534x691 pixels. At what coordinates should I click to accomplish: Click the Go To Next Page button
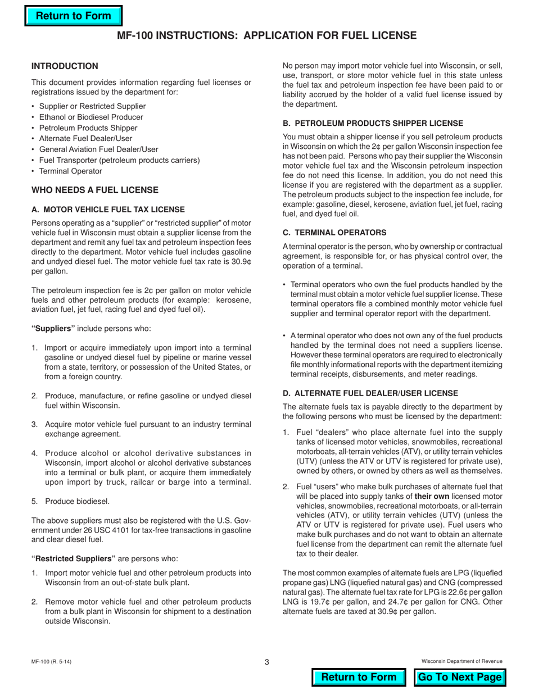pos(460,677)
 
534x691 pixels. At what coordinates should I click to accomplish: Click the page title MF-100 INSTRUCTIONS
pos(266,35)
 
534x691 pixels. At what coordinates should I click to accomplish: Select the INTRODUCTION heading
pos(65,66)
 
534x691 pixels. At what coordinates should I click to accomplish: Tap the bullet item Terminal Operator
pos(70,171)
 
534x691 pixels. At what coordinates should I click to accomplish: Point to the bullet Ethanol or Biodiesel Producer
pos(90,117)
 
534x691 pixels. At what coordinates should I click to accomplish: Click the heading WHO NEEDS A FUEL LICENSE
pos(94,190)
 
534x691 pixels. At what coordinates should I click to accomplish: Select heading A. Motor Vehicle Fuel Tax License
pos(108,209)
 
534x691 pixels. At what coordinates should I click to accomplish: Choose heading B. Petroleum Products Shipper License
pos(373,123)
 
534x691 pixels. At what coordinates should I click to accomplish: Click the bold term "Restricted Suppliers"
pos(74,558)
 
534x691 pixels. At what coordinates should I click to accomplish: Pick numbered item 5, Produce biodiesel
pos(77,501)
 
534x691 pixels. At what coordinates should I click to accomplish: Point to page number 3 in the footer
pos(267,662)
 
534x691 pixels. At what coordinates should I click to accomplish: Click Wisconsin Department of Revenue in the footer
pos(461,662)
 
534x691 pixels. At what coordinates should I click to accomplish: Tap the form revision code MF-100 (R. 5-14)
pos(51,662)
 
